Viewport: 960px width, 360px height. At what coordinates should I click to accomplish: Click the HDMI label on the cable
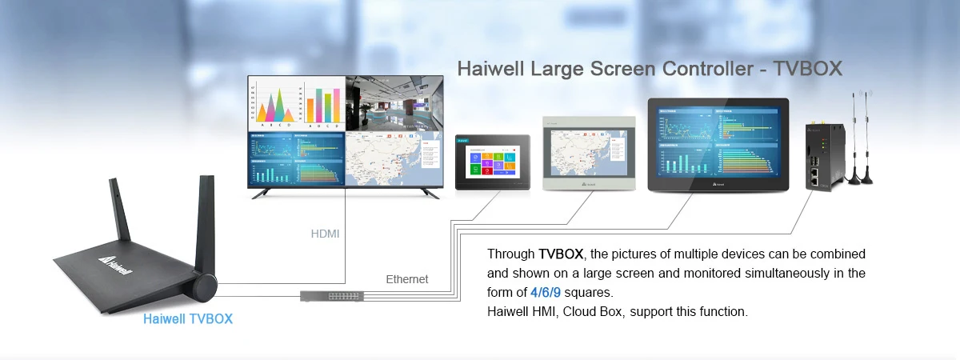tap(325, 234)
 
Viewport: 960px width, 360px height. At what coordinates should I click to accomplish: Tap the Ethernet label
tap(407, 279)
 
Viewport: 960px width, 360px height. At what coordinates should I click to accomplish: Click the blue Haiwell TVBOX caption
tap(188, 318)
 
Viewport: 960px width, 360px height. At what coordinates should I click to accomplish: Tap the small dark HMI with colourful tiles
tap(492, 162)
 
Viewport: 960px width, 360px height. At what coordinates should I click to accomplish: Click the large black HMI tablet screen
tap(718, 144)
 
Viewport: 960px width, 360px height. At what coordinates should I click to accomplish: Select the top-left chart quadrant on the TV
tap(297, 103)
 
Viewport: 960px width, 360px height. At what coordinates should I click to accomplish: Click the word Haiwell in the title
tap(490, 69)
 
